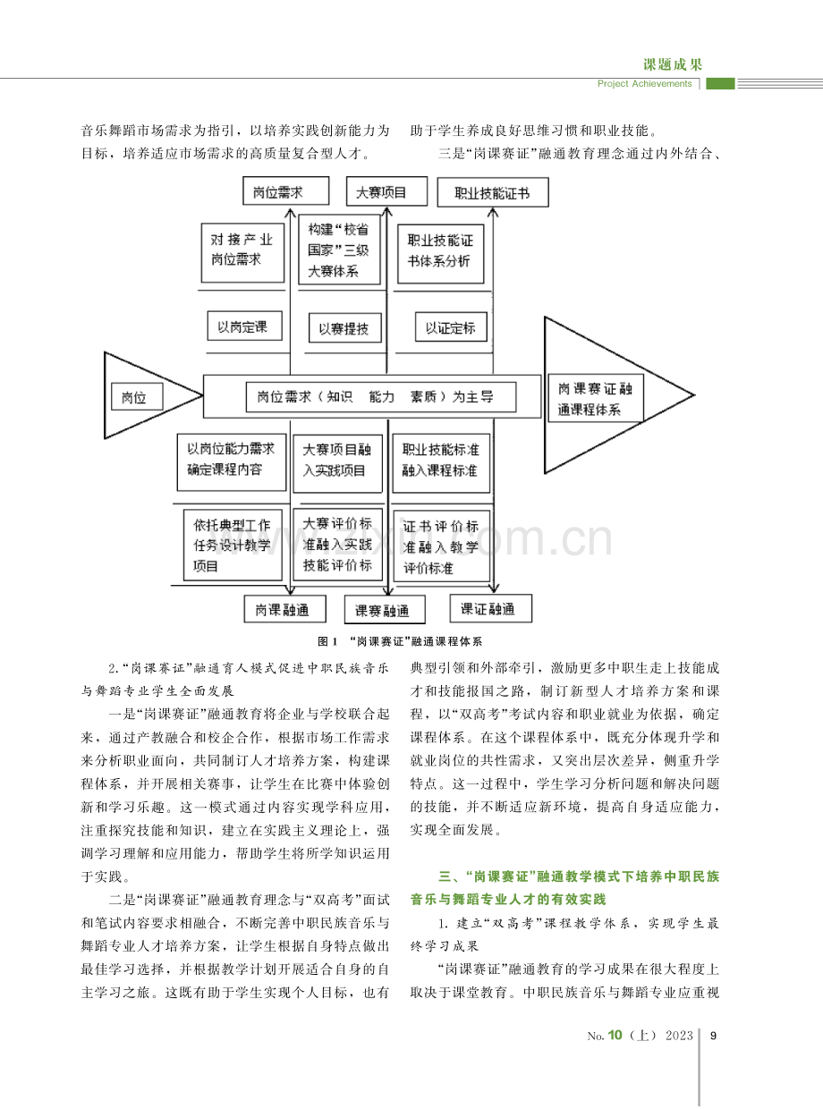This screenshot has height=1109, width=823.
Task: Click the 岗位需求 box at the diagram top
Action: click(285, 191)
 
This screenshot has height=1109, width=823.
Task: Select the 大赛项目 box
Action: click(386, 191)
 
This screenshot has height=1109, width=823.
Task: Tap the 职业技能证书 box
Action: click(493, 192)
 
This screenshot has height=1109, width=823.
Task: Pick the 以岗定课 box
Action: click(244, 326)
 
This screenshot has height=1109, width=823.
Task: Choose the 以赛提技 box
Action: click(345, 327)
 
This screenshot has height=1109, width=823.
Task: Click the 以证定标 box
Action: click(451, 327)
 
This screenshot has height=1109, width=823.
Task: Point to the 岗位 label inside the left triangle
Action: click(137, 397)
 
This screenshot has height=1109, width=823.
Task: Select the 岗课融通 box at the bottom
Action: click(284, 608)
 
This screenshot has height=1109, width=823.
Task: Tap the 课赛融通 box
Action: click(385, 609)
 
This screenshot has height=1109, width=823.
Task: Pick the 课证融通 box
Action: click(491, 608)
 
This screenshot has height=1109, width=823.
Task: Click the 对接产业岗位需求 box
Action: click(242, 253)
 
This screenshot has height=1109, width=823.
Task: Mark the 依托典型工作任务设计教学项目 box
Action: click(233, 545)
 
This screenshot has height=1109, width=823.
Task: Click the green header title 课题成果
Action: click(673, 64)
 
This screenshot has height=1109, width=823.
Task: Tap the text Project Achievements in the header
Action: click(644, 83)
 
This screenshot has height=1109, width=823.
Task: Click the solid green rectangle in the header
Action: click(720, 83)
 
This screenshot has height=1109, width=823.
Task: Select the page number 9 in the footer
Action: click(714, 1036)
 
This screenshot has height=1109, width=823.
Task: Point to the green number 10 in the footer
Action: click(615, 1035)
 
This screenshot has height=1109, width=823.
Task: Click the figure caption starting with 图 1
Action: click(400, 641)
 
